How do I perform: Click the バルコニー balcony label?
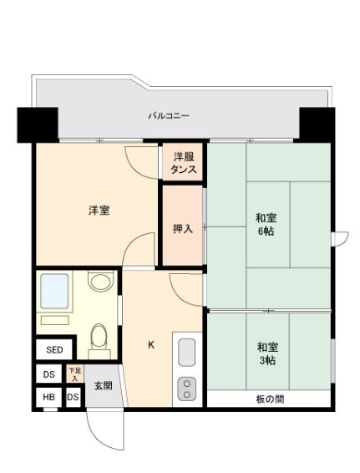pos(168,116)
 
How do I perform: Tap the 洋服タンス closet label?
pos(184,163)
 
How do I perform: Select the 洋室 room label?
pos(99,210)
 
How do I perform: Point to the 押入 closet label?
pos(183,227)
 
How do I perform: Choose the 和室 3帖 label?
pos(267,353)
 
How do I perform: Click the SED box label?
pos(54,349)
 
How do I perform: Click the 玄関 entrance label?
pos(103,386)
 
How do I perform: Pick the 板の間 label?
pos(269,399)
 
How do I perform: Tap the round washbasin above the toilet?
pos(100,282)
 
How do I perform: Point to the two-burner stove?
pos(187,389)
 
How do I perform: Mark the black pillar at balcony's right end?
pos(317,124)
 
